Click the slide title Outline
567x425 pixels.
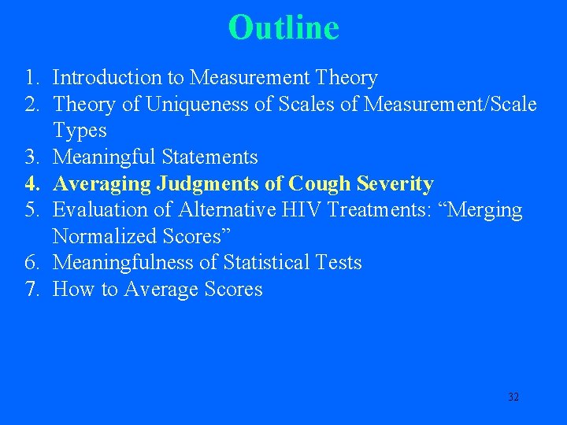283,28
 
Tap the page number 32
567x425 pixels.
513,397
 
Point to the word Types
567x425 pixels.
80,131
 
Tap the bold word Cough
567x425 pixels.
320,184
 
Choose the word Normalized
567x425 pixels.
105,237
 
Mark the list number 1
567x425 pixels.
30,78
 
